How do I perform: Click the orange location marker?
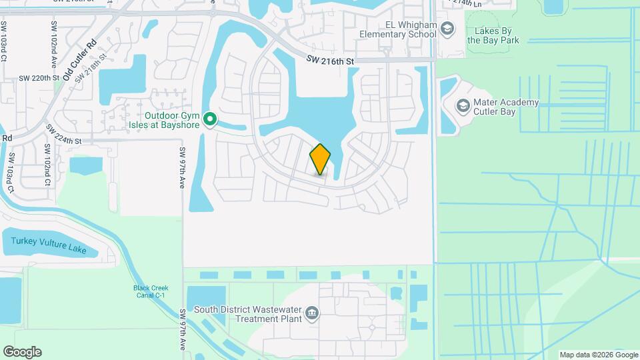pos(320,159)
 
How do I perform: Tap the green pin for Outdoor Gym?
pos(210,120)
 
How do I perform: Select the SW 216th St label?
pos(329,61)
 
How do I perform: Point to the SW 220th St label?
pos(39,78)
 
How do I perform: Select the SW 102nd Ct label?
pos(48,164)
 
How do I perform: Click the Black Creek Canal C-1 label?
pos(150,292)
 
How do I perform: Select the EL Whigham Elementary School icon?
pos(447,28)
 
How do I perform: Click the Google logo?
pos(22,352)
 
